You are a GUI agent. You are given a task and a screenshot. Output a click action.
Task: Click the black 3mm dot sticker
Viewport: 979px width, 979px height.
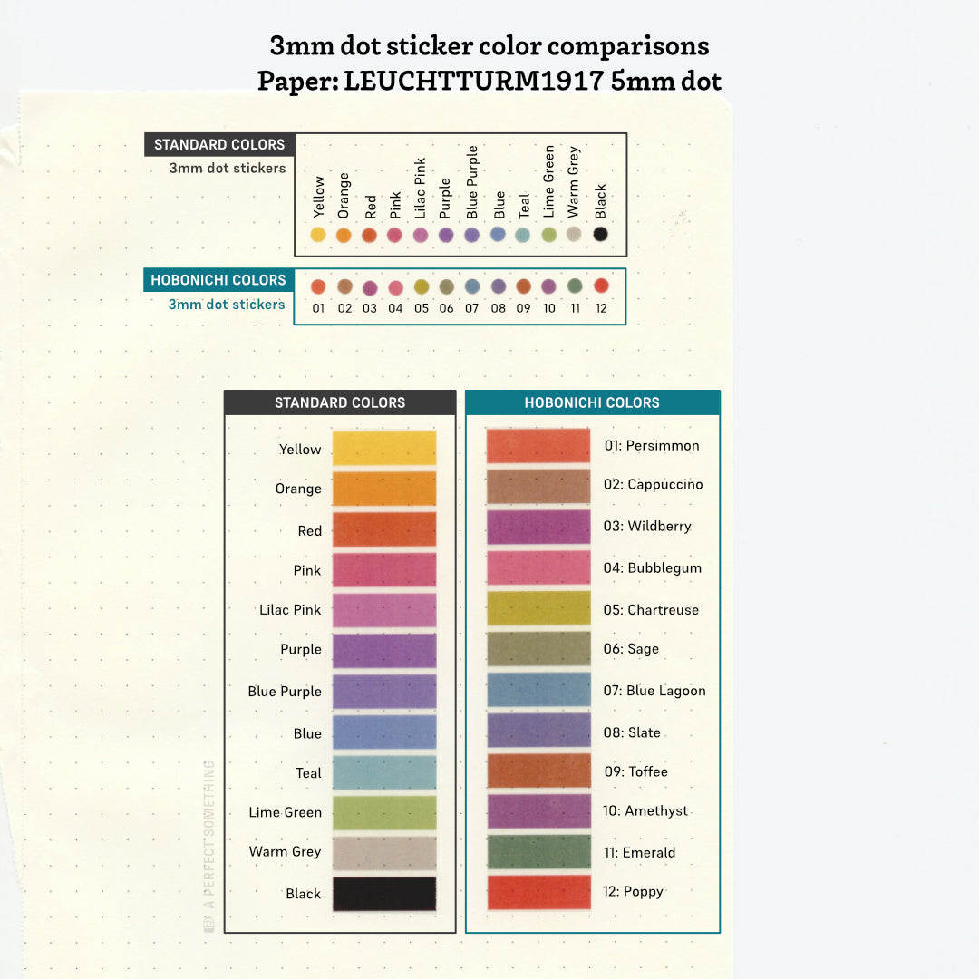600,234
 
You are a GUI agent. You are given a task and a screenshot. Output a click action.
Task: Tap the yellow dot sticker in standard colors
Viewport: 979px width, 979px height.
318,235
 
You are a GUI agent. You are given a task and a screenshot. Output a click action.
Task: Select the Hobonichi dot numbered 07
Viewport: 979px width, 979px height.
472,286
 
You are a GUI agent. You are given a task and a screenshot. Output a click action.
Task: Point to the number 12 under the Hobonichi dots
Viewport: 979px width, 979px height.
600,308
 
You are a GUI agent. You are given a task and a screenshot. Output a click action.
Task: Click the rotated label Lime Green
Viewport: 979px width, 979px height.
548,181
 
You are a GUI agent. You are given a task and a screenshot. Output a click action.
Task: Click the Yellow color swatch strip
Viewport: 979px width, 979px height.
384,448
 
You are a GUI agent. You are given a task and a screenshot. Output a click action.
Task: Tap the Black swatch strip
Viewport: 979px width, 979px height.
384,893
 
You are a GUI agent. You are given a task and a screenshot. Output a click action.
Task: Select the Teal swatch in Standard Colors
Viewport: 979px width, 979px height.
384,772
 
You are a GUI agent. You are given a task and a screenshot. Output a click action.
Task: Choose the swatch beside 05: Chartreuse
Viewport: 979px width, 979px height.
538,608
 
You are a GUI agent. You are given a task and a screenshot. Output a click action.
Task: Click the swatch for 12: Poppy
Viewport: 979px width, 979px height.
538,891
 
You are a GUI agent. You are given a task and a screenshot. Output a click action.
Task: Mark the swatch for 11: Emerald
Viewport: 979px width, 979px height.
538,851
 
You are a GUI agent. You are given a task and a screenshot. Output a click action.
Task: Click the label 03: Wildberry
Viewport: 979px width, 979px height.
647,526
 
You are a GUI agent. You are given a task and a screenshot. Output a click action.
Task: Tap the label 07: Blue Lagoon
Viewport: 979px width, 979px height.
654,691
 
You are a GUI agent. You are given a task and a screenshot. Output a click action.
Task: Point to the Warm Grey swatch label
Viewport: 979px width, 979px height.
285,851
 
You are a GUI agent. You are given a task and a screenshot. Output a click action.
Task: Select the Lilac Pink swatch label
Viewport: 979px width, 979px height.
290,610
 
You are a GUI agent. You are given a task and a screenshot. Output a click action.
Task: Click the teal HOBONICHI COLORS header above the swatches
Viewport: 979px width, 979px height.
592,402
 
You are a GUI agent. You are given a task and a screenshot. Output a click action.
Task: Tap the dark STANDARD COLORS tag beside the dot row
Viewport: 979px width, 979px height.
219,144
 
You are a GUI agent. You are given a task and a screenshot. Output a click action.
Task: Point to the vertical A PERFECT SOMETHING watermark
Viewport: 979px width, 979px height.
209,843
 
